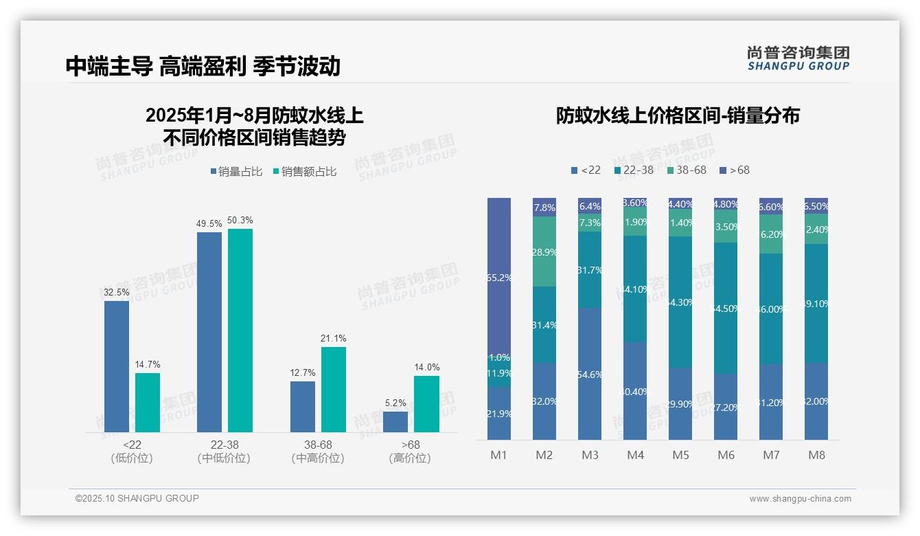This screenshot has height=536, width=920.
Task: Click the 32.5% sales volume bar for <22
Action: click(x=117, y=366)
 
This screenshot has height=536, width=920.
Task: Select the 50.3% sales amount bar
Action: click(x=240, y=330)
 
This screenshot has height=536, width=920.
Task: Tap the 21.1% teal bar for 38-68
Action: click(x=333, y=389)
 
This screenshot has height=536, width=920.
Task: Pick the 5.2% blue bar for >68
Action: click(x=395, y=421)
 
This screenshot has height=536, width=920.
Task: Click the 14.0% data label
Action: click(x=426, y=368)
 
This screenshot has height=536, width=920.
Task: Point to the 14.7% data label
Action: click(x=148, y=365)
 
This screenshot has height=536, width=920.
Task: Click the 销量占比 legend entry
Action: click(x=236, y=172)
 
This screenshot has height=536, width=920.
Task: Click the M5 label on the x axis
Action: click(x=680, y=455)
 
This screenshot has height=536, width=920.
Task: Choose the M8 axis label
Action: click(x=816, y=455)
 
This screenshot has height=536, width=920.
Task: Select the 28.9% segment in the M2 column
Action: click(x=544, y=252)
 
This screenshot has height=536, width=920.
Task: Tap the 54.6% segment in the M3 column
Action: click(x=590, y=374)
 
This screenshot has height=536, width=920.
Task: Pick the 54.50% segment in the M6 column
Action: click(x=726, y=308)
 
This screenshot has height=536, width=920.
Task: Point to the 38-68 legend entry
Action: click(x=686, y=170)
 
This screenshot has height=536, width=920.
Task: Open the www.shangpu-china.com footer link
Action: click(x=800, y=499)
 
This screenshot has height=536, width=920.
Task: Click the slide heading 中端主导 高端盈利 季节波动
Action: click(x=203, y=66)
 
